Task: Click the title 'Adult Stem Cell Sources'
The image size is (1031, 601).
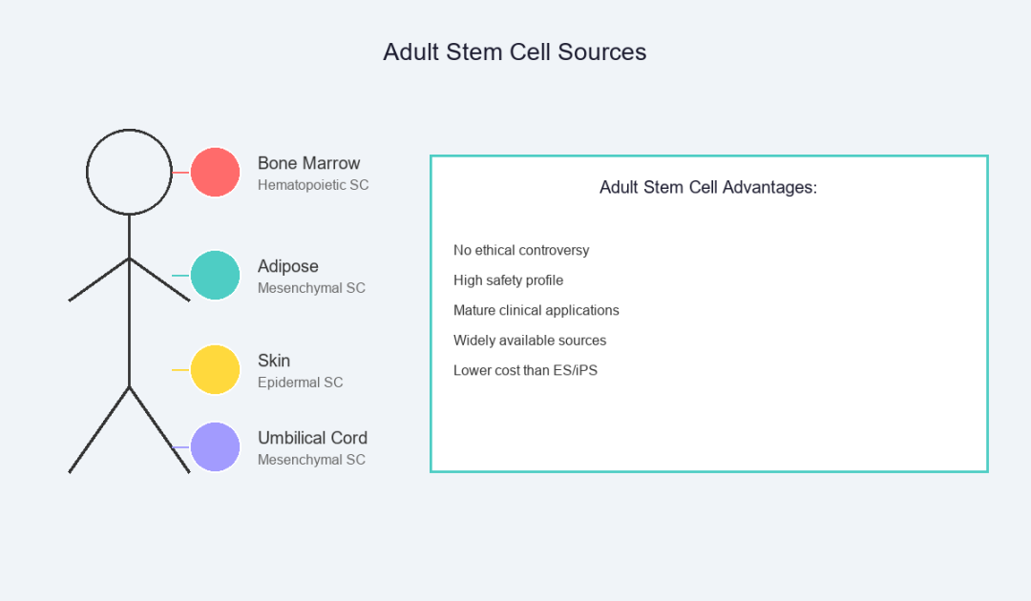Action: (515, 52)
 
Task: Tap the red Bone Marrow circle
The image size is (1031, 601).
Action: (215, 172)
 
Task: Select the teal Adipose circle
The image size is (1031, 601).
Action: (215, 275)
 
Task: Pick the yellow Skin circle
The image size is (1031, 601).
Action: (215, 370)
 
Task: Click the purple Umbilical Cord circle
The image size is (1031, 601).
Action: (215, 446)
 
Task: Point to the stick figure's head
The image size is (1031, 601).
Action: (129, 130)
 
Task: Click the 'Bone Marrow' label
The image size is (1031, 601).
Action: (308, 163)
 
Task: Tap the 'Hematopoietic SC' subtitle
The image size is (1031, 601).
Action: (313, 185)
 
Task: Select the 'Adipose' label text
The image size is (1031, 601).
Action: (288, 266)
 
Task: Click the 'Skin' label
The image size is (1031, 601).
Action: (274, 361)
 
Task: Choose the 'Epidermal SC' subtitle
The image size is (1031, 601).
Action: (301, 383)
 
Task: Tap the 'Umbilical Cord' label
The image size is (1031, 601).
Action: (312, 438)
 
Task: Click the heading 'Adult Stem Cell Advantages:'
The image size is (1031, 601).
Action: (708, 187)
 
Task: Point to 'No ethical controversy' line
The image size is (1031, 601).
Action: (521, 250)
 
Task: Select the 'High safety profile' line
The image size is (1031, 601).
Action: (508, 280)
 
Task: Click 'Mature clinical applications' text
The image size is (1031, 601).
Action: (537, 310)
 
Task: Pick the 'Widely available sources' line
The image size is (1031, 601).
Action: (530, 341)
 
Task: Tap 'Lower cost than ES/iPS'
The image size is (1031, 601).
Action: (525, 370)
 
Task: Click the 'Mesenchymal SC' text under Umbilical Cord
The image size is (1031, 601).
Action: (311, 460)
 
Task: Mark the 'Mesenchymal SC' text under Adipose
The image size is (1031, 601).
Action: (311, 288)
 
